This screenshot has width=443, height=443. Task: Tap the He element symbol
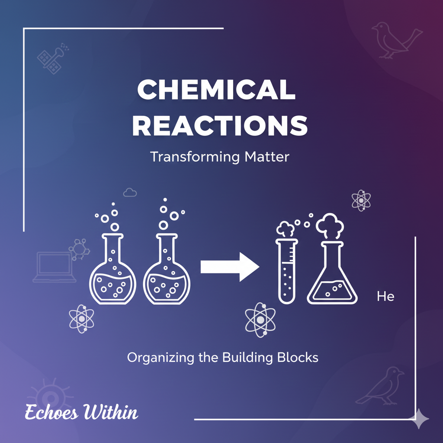tap(385, 297)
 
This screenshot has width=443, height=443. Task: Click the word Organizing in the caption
tap(152, 358)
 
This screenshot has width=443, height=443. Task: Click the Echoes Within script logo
tap(81, 412)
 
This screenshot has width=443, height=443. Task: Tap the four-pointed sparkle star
tap(420, 419)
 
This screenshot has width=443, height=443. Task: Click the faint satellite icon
tap(51, 58)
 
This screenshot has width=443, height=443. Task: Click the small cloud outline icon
tap(129, 192)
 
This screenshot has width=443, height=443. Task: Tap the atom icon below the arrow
tap(260, 319)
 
